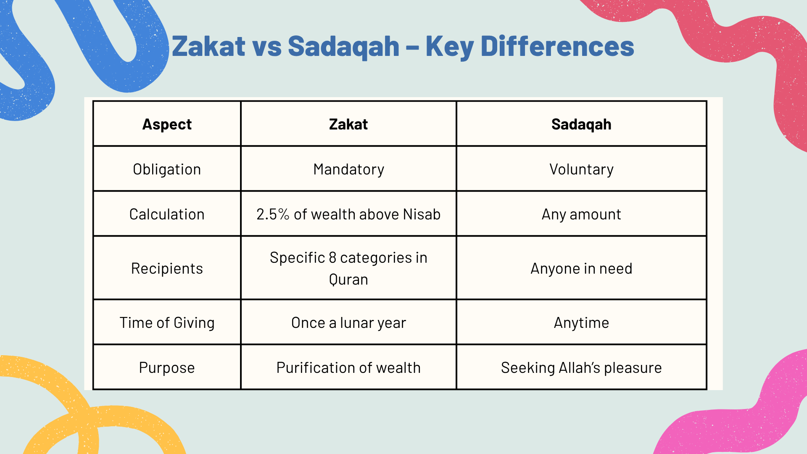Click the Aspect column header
click(x=167, y=124)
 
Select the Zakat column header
click(x=348, y=124)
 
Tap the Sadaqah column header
click(x=581, y=124)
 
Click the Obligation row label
click(x=167, y=169)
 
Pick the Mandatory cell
click(x=349, y=169)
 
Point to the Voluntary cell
click(x=582, y=169)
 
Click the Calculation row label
click(x=167, y=214)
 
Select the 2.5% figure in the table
click(x=273, y=214)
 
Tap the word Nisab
click(x=422, y=214)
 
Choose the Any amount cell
click(x=581, y=214)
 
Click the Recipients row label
click(x=167, y=269)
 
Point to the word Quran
click(x=348, y=280)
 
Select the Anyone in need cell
click(x=581, y=269)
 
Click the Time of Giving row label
click(x=167, y=323)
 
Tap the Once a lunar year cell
click(x=348, y=323)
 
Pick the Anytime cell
click(x=581, y=323)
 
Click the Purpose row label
click(x=167, y=368)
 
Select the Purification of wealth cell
click(x=348, y=368)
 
